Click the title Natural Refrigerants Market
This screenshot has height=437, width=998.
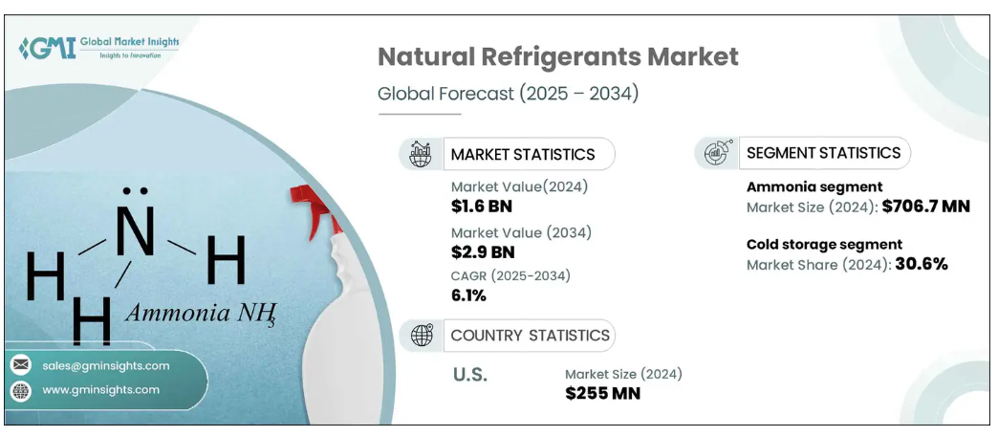pyautogui.click(x=557, y=56)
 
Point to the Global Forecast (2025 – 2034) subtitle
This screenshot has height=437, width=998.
pyautogui.click(x=508, y=94)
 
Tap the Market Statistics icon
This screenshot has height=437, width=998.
pyautogui.click(x=421, y=154)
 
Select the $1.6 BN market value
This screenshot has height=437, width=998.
pyautogui.click(x=483, y=207)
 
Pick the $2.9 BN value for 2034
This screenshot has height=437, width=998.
pyautogui.click(x=483, y=251)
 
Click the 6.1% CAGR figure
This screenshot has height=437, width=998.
pyautogui.click(x=468, y=295)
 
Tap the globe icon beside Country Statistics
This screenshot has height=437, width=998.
pyautogui.click(x=421, y=335)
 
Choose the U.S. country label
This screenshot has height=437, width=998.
pyautogui.click(x=469, y=375)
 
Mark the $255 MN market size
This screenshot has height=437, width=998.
pyautogui.click(x=602, y=393)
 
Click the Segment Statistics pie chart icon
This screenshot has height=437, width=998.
pyautogui.click(x=717, y=152)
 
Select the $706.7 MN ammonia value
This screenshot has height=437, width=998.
pyautogui.click(x=925, y=206)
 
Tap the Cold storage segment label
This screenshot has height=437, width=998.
pyautogui.click(x=824, y=244)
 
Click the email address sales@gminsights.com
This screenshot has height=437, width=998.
pyautogui.click(x=105, y=365)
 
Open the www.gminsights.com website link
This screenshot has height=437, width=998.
pyautogui.click(x=100, y=390)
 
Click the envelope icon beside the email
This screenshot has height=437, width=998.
pyautogui.click(x=20, y=365)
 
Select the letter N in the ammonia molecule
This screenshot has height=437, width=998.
pyautogui.click(x=135, y=231)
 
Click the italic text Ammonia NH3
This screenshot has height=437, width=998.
pyautogui.click(x=201, y=313)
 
